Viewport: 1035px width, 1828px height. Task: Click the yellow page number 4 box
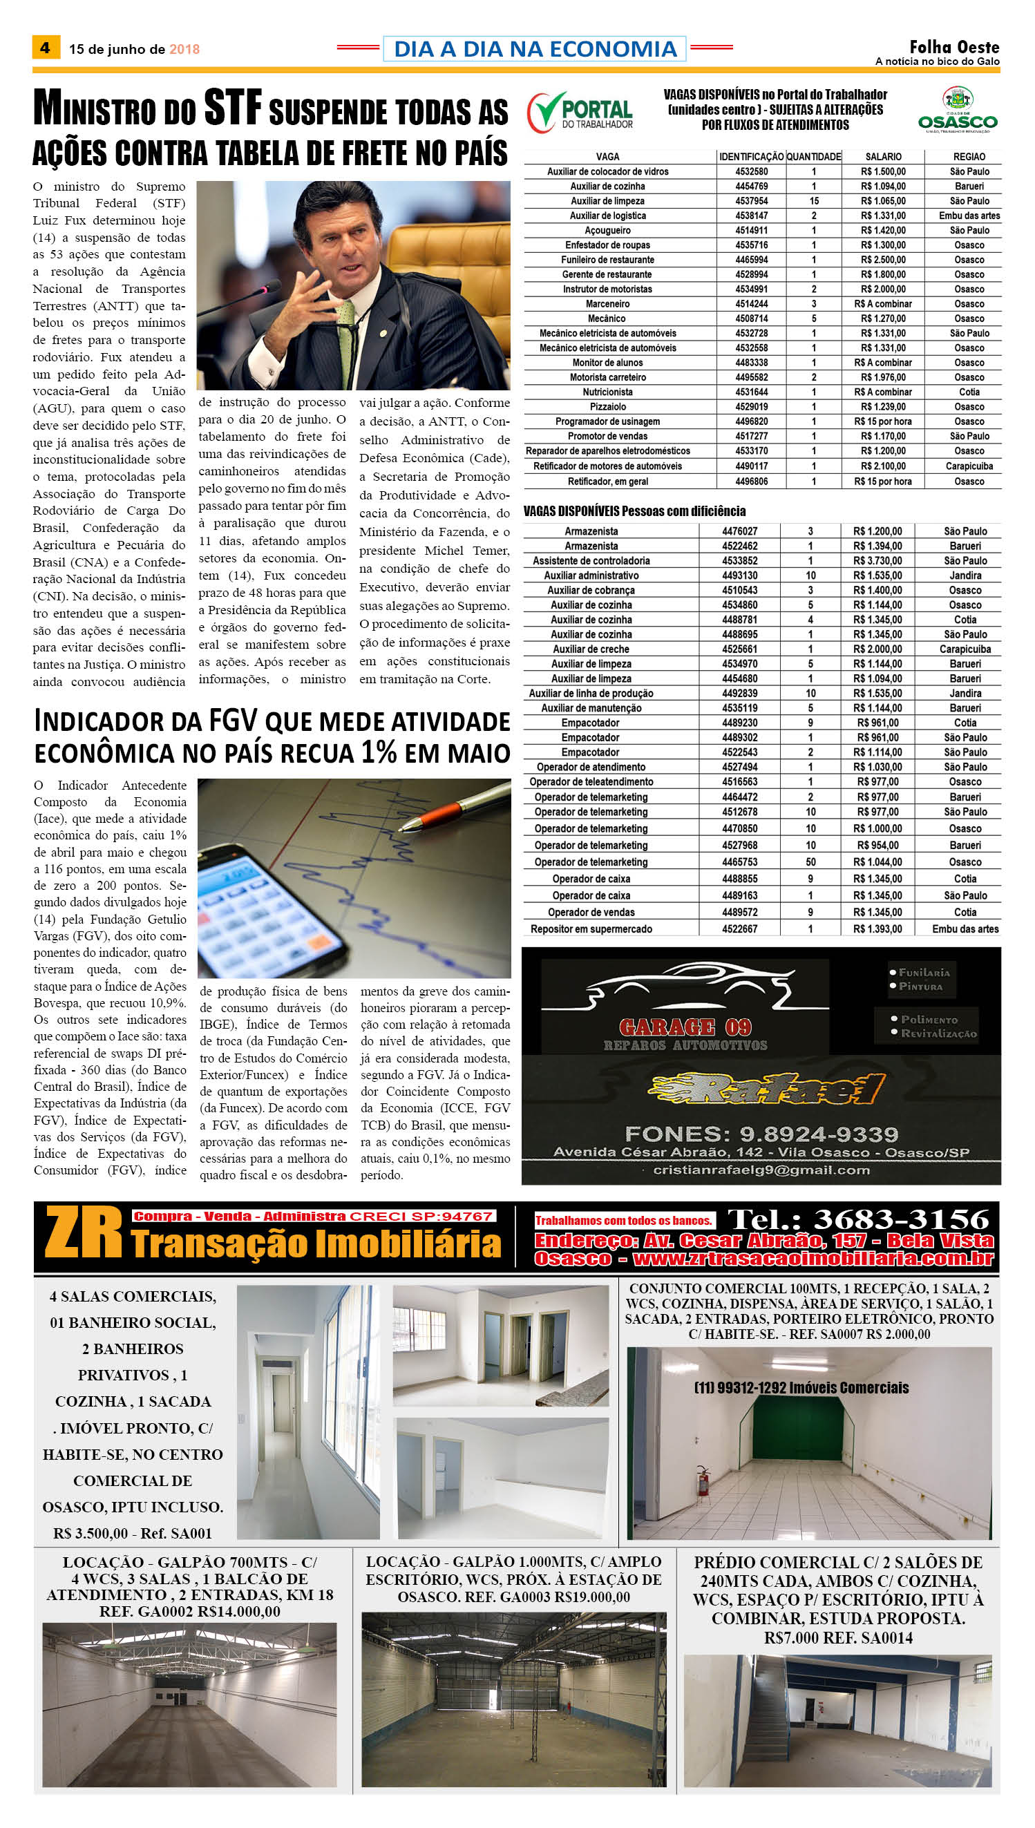tap(46, 48)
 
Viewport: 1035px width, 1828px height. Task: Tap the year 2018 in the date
tap(184, 49)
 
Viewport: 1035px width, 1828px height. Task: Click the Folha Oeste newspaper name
tap(954, 47)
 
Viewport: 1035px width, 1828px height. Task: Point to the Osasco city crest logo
tap(957, 99)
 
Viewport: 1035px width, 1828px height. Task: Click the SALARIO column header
tap(883, 156)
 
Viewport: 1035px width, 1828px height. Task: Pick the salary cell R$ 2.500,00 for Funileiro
tap(883, 260)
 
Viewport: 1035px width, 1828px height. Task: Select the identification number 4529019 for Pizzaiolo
tap(750, 406)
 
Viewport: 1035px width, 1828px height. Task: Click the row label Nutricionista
tap(607, 392)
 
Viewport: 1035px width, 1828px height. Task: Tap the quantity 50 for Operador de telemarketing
tap(810, 861)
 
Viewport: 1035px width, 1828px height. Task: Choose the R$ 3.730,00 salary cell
tap(877, 560)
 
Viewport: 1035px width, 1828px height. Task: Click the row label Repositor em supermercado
tap(591, 929)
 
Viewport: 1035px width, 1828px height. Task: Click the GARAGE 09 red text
tap(685, 1027)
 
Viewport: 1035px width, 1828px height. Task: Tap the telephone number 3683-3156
tap(901, 1219)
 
